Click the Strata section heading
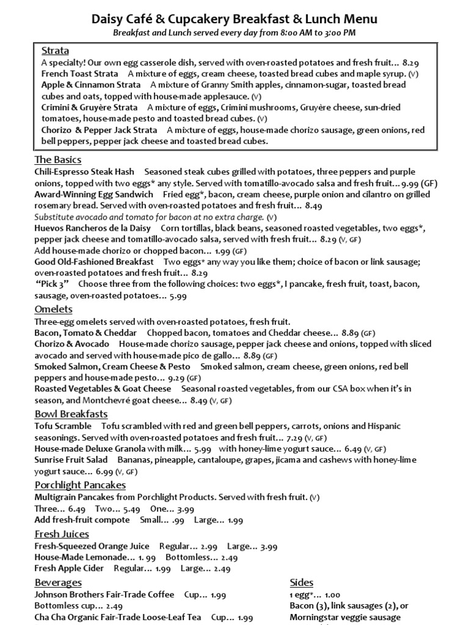[x=55, y=51]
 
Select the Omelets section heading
[x=54, y=309]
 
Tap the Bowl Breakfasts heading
[x=71, y=414]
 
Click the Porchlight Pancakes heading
[x=80, y=485]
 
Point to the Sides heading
[x=302, y=582]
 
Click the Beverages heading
[x=58, y=582]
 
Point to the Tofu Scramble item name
[x=63, y=426]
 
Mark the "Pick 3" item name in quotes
[x=52, y=284]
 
